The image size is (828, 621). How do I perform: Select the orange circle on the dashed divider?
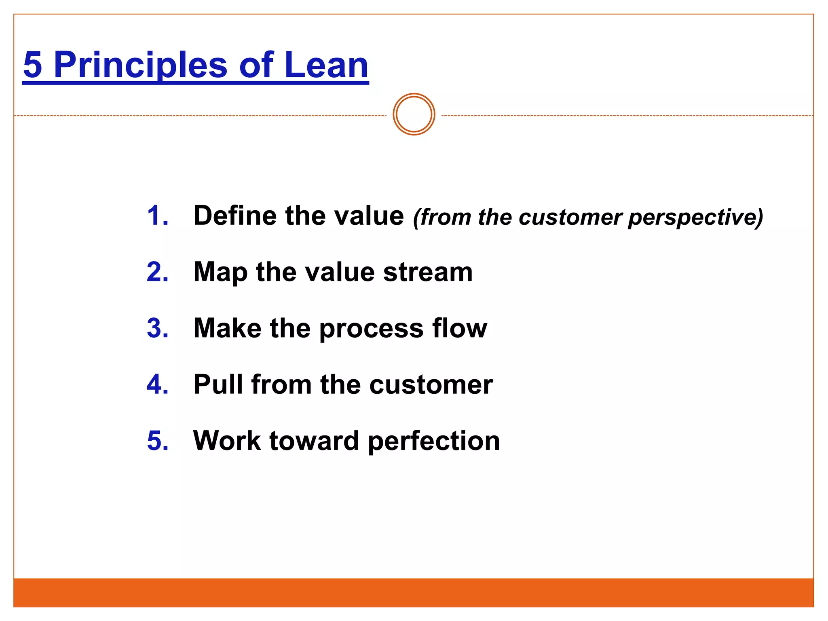coord(414,114)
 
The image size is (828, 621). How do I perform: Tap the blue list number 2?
coord(157,272)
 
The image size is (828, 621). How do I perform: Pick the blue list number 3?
coord(157,328)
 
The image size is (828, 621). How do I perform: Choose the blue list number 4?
coord(157,384)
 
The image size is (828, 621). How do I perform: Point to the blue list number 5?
coord(157,440)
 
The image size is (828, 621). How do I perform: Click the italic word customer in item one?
coord(570,218)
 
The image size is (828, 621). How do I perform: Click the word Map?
coord(220,272)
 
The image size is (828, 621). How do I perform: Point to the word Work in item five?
coord(227,440)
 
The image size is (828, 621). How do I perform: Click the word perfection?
coord(434,441)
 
